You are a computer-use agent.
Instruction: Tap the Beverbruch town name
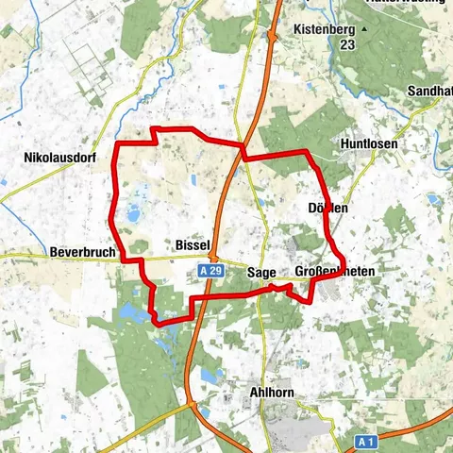point(79,253)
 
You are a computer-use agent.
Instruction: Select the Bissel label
point(192,244)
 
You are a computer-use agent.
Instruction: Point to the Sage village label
point(261,273)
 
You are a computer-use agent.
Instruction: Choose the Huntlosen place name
point(366,144)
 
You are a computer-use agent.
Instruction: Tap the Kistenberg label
point(322,29)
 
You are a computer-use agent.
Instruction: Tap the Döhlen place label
point(328,207)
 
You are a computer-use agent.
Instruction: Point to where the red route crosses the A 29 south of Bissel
point(198,299)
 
